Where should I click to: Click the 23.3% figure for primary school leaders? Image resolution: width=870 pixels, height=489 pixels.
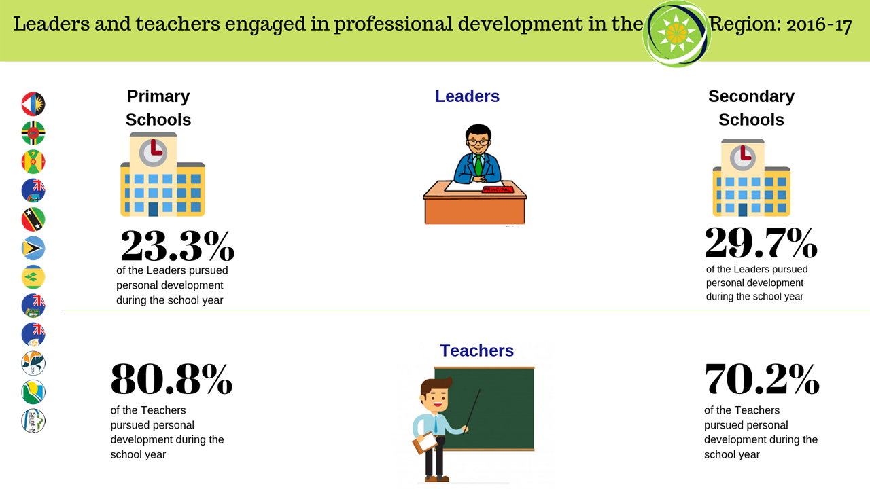point(177,246)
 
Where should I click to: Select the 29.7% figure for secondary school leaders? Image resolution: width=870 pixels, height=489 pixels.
point(761,242)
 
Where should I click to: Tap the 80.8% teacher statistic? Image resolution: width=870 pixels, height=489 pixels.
point(171,379)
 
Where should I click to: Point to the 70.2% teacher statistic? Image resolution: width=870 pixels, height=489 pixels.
point(762,379)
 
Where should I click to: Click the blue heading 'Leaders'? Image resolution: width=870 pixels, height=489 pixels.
point(467,96)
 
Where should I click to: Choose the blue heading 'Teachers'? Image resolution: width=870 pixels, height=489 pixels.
point(476,350)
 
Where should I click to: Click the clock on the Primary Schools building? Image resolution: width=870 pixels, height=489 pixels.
point(153,153)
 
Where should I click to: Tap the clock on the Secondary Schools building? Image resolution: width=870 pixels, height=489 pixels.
point(743,158)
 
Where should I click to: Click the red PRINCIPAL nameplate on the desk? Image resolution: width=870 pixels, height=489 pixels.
point(498,189)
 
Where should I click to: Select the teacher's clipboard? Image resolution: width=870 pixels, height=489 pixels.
point(425,442)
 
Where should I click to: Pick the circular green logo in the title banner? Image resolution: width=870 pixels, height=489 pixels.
point(676,34)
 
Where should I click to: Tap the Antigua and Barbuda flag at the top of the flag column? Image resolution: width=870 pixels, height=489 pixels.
point(33,104)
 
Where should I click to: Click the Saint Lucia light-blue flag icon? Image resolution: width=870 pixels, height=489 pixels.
point(33,248)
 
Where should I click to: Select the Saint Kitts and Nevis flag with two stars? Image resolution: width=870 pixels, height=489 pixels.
point(33,219)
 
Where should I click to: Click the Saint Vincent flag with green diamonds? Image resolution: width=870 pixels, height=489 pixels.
point(33,277)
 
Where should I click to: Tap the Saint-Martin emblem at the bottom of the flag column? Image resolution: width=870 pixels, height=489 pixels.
point(33,420)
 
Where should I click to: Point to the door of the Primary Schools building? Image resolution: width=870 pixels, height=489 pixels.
point(154,209)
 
